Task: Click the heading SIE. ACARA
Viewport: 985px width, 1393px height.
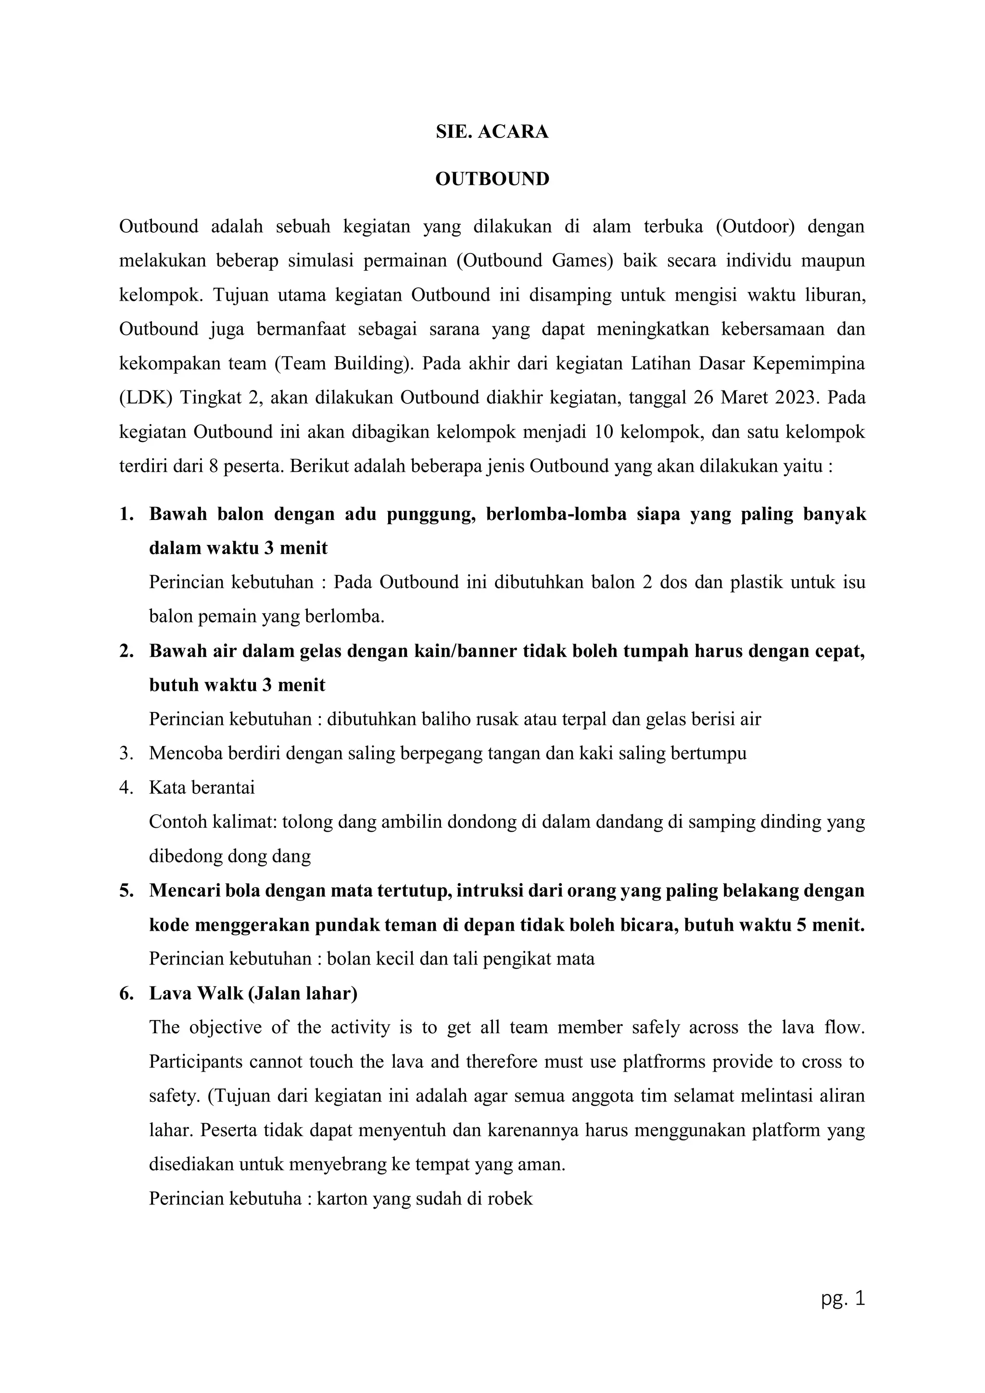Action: pyautogui.click(x=492, y=132)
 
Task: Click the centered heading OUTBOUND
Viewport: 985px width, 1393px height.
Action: pyautogui.click(x=492, y=179)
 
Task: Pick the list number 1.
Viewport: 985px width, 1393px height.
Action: pyautogui.click(x=126, y=515)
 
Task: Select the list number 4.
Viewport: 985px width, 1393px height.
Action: pyautogui.click(x=126, y=788)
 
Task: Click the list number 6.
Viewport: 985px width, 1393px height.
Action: pyautogui.click(x=126, y=994)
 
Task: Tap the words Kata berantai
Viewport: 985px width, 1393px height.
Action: pyautogui.click(x=202, y=788)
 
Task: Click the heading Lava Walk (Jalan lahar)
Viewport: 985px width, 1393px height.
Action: pyautogui.click(x=253, y=994)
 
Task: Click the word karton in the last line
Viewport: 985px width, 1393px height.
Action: pyautogui.click(x=343, y=1199)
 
